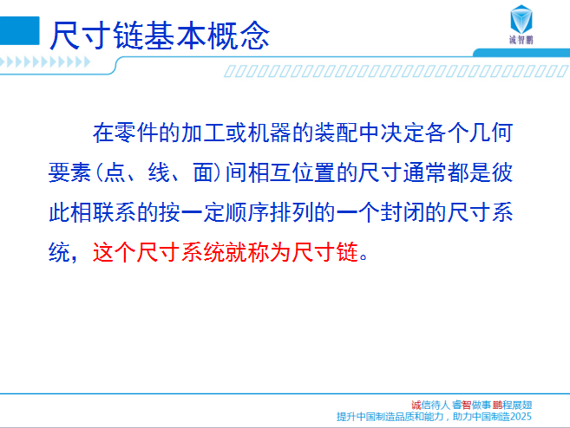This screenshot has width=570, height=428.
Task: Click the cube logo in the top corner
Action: (521, 19)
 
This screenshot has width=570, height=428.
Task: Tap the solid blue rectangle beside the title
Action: (19, 31)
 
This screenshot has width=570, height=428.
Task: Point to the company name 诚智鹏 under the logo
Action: (521, 40)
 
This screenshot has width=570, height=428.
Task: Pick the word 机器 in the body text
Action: (269, 133)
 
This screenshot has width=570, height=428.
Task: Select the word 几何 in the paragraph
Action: (491, 133)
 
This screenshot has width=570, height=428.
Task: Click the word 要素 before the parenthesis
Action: (70, 172)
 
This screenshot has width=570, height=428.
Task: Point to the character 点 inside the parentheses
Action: (115, 172)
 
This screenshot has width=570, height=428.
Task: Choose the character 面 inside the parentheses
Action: (205, 172)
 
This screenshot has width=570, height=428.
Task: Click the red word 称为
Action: (269, 252)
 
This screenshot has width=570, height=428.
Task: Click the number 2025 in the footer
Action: (521, 417)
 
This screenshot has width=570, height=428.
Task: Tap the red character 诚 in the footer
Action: (416, 405)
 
